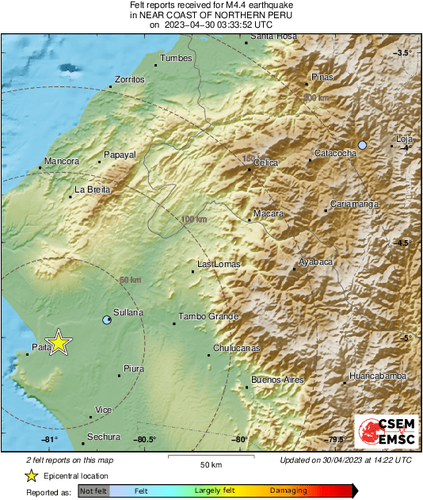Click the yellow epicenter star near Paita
pos(58,343)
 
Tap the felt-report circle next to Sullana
pos(108,320)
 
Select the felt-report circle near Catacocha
pos(362,145)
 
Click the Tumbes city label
pos(177,58)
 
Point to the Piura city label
pos(135,368)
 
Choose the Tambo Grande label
pos(208,317)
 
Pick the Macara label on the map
pos(268,214)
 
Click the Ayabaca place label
pos(315,261)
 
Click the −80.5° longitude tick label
pos(143,440)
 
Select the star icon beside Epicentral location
pos(31,475)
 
